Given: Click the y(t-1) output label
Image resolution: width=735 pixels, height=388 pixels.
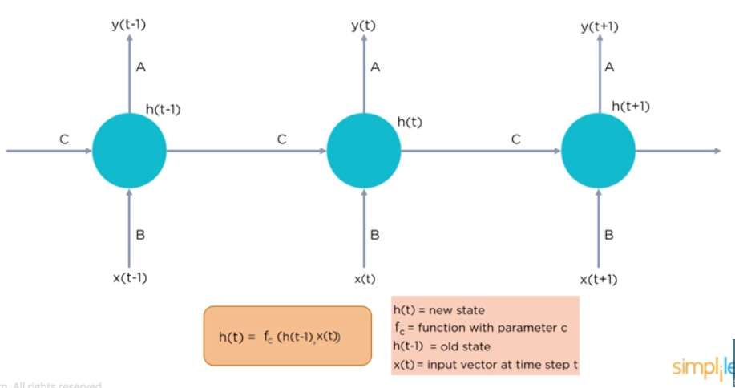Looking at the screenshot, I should pyautogui.click(x=128, y=25).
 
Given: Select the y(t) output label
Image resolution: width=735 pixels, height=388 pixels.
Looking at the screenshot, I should pyautogui.click(x=363, y=25).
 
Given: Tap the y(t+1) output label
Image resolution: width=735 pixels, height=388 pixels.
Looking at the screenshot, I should pyautogui.click(x=600, y=26).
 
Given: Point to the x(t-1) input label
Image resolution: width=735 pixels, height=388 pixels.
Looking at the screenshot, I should pyautogui.click(x=129, y=277).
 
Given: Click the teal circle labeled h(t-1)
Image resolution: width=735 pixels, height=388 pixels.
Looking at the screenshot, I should pyautogui.click(x=129, y=150).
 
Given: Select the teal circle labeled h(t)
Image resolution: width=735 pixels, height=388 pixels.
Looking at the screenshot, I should pyautogui.click(x=364, y=150).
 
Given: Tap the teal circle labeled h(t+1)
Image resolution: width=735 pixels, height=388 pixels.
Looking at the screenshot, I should pyautogui.click(x=598, y=150).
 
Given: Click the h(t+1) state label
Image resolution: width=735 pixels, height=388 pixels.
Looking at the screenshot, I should pyautogui.click(x=630, y=106).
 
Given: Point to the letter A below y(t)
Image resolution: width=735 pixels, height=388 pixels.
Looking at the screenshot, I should pyautogui.click(x=375, y=67).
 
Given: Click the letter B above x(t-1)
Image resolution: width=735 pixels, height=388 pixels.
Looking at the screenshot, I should pyautogui.click(x=140, y=235).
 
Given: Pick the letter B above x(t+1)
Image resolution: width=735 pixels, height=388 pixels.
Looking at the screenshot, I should pyautogui.click(x=609, y=235).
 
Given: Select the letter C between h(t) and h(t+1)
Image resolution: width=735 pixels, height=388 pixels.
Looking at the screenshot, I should pyautogui.click(x=516, y=139).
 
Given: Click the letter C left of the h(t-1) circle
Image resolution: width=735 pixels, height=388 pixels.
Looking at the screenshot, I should pyautogui.click(x=63, y=139).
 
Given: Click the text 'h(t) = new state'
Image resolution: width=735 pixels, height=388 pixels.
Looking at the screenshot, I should pyautogui.click(x=438, y=309).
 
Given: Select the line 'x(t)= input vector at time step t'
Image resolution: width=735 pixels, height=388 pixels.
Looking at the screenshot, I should pyautogui.click(x=485, y=365).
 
